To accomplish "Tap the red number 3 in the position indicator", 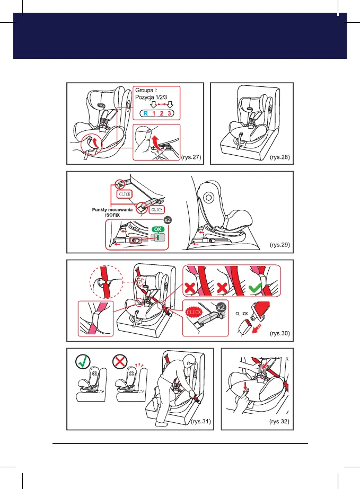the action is tap(169, 113).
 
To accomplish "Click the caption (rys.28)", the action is tap(280, 157).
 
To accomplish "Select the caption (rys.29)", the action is tap(280, 245).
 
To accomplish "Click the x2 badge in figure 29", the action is tap(168, 218).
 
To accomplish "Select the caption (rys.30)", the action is tap(280, 333).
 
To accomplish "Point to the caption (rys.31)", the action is tap(200, 422).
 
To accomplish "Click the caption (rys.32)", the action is tap(280, 422).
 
